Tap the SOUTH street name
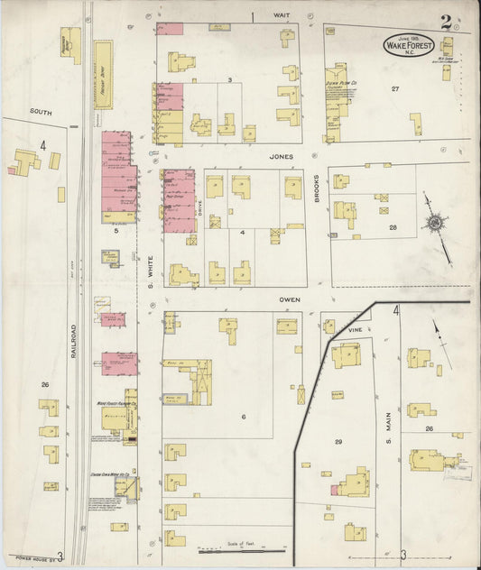(40, 112)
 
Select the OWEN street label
(289, 298)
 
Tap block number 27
(394, 88)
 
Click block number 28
(393, 227)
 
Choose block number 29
(338, 441)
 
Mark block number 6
(244, 416)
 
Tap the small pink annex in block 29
(335, 490)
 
